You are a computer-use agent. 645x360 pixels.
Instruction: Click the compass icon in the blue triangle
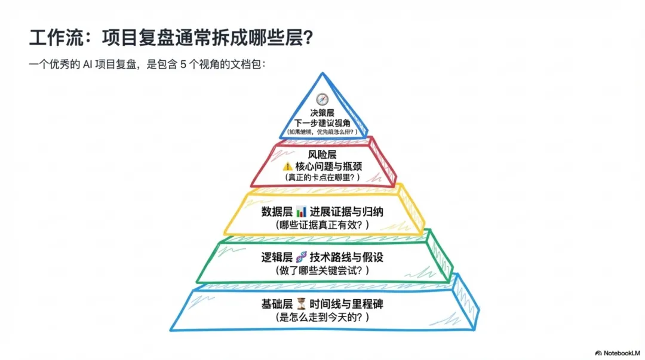click(x=322, y=100)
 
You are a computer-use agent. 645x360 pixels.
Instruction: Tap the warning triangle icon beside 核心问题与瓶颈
click(x=288, y=167)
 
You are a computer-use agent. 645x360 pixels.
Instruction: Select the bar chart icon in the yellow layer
click(x=300, y=212)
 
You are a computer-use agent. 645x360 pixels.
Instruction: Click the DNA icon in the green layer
click(x=300, y=258)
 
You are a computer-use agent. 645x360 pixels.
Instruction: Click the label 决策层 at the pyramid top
click(x=322, y=112)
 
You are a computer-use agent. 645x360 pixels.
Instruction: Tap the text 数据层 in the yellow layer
click(x=277, y=212)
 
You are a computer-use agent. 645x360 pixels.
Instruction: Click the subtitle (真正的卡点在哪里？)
click(x=322, y=178)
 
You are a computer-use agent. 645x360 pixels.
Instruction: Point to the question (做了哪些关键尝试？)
click(x=322, y=270)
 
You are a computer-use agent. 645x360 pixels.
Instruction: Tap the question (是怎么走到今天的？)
click(x=322, y=317)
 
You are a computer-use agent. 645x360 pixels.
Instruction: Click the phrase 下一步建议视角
click(x=322, y=122)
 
